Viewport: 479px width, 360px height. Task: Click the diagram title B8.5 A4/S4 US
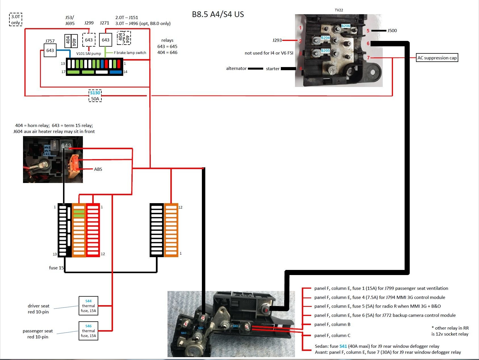pyautogui.click(x=218, y=14)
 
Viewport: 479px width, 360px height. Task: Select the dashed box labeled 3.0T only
pyautogui.click(x=16, y=19)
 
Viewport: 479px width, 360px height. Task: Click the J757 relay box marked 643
pyautogui.click(x=50, y=50)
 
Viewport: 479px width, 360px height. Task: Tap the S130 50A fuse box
pyautogui.click(x=95, y=96)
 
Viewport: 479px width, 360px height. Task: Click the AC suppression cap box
pyautogui.click(x=437, y=58)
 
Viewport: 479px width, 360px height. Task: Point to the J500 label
pyautogui.click(x=392, y=30)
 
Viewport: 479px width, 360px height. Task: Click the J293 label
pyautogui.click(x=277, y=40)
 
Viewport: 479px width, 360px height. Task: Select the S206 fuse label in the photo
pyautogui.click(x=346, y=26)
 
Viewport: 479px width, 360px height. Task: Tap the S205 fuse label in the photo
pyautogui.click(x=325, y=51)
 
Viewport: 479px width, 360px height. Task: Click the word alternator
pyautogui.click(x=236, y=68)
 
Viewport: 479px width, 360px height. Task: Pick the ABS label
pyautogui.click(x=98, y=169)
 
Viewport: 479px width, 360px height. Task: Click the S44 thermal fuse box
pyautogui.click(x=88, y=306)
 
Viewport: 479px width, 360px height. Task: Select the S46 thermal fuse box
pyautogui.click(x=88, y=331)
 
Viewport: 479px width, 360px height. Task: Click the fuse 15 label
pyautogui.click(x=56, y=268)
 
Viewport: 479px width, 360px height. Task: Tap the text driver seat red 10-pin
pyautogui.click(x=38, y=309)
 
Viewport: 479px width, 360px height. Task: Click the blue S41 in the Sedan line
pyautogui.click(x=343, y=346)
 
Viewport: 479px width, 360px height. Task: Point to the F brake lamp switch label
pyautogui.click(x=130, y=53)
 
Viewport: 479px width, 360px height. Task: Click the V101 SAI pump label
pyautogui.click(x=89, y=53)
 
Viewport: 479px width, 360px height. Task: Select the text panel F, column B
pyautogui.click(x=332, y=324)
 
